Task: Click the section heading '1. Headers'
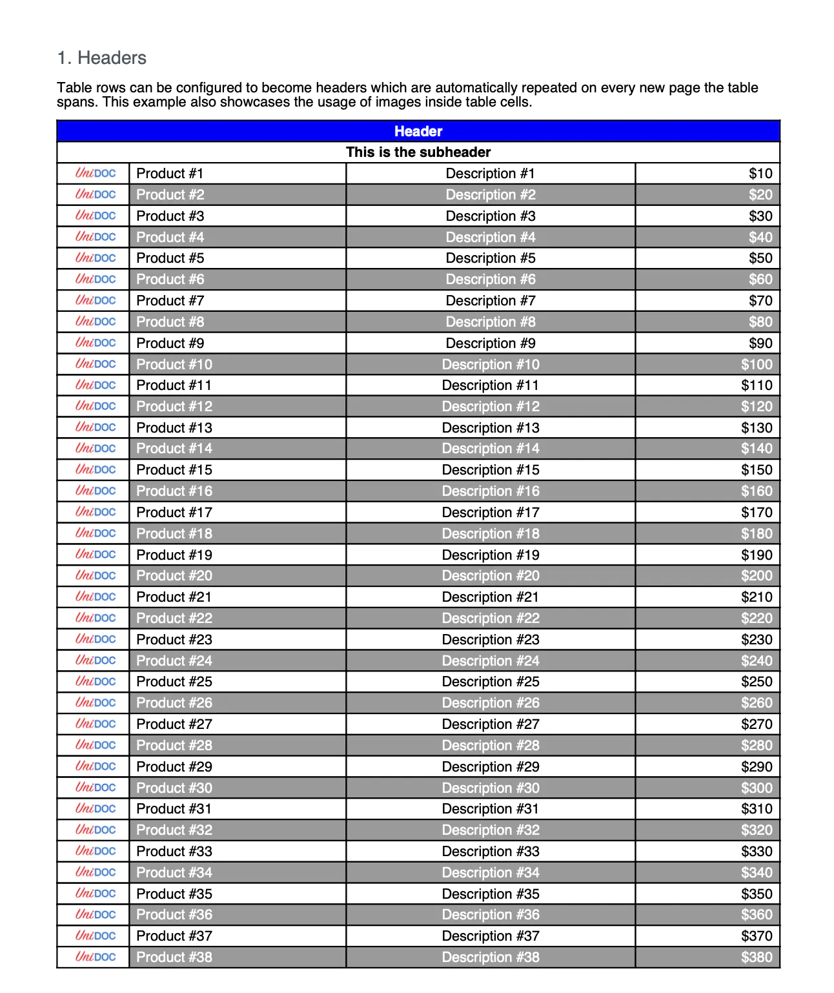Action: (102, 58)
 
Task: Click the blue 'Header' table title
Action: (418, 131)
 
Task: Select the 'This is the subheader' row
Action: (418, 152)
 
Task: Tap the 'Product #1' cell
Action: (170, 174)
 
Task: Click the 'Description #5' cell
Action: (491, 258)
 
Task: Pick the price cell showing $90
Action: (760, 343)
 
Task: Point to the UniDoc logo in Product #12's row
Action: (96, 406)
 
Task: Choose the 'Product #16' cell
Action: (174, 491)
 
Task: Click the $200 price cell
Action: (756, 576)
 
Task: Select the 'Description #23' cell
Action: (491, 640)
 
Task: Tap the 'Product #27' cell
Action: (174, 724)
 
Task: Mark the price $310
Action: (756, 809)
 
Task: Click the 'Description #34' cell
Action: (491, 873)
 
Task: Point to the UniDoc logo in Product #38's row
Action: (96, 957)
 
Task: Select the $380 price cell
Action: (756, 957)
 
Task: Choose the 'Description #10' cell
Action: (491, 365)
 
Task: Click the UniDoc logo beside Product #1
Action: (96, 173)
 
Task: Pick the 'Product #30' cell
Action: (174, 788)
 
